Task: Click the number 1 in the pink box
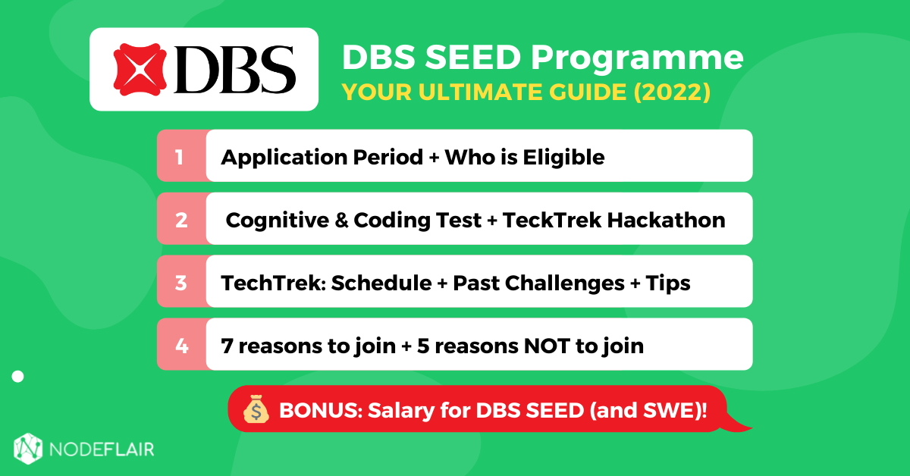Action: coord(180,157)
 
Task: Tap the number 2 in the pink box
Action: coord(180,220)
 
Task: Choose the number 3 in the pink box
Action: coord(180,283)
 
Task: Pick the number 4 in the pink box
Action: coord(180,346)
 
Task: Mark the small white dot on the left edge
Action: coord(18,376)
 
